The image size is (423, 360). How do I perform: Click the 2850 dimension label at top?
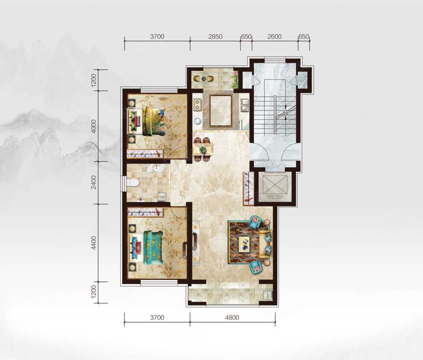pyautogui.click(x=215, y=36)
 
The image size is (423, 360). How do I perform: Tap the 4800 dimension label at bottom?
pyautogui.click(x=232, y=318)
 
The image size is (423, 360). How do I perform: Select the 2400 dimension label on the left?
pyautogui.click(x=94, y=182)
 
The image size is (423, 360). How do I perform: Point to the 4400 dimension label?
pyautogui.click(x=94, y=243)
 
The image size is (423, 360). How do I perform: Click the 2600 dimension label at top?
pyautogui.click(x=275, y=36)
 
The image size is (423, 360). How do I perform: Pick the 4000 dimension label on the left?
pyautogui.click(x=94, y=126)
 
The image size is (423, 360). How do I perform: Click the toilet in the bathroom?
pyautogui.click(x=132, y=183)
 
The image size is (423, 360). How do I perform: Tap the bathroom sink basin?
pyautogui.click(x=156, y=168)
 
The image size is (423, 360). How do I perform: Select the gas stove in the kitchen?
pyautogui.click(x=197, y=105)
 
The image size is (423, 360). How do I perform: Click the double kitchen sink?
pyautogui.click(x=245, y=105)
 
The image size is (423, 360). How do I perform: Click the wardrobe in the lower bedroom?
pyautogui.click(x=146, y=212)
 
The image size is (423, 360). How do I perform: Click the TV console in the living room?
pyautogui.click(x=196, y=244)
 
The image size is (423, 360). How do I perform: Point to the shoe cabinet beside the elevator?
pyautogui.click(x=248, y=189)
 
